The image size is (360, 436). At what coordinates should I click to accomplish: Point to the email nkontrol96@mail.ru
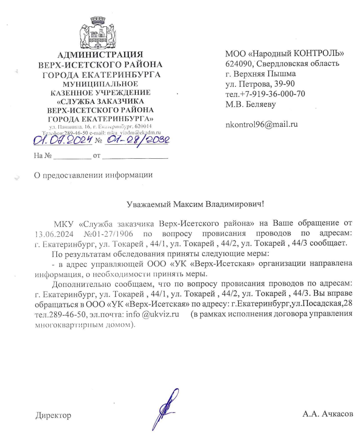coord(262,125)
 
